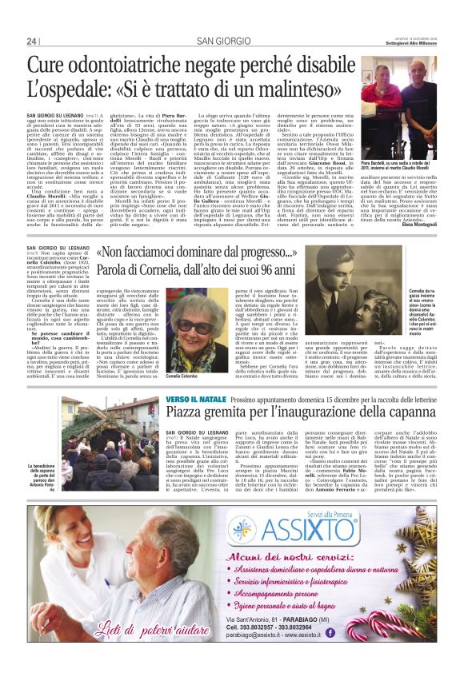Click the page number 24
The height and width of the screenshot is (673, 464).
point(32,42)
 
